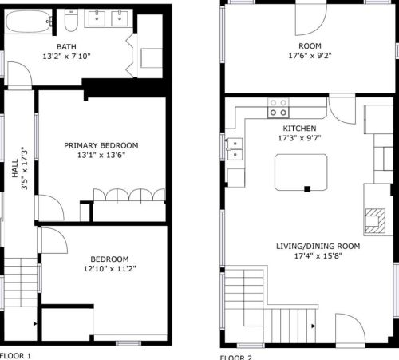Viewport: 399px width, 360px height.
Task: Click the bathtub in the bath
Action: (x=29, y=22)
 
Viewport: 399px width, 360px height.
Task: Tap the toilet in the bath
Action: (x=71, y=21)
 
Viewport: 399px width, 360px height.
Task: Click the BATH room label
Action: (x=66, y=47)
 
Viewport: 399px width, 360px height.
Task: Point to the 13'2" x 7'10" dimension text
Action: (x=66, y=57)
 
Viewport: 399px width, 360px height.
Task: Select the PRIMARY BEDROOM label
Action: (x=101, y=145)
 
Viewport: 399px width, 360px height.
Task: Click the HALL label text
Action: (x=15, y=168)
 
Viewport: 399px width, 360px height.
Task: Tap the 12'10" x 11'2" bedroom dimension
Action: (x=109, y=269)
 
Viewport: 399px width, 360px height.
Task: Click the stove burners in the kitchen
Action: (x=279, y=108)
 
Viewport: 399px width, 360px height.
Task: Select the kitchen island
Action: (x=301, y=172)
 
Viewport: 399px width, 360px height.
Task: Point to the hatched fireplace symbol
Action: (x=375, y=221)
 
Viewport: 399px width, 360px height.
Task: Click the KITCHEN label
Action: (x=299, y=129)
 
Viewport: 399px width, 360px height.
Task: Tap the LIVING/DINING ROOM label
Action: (x=318, y=247)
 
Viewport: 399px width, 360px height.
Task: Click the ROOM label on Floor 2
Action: (x=310, y=46)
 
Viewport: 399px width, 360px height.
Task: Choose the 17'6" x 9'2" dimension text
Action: (x=310, y=56)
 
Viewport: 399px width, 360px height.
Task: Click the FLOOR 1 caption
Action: (x=16, y=356)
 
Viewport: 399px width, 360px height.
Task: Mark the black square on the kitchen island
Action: (x=307, y=189)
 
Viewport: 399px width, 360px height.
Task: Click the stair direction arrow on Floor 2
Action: (x=314, y=326)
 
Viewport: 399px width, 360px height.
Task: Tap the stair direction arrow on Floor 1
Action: (x=35, y=324)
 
